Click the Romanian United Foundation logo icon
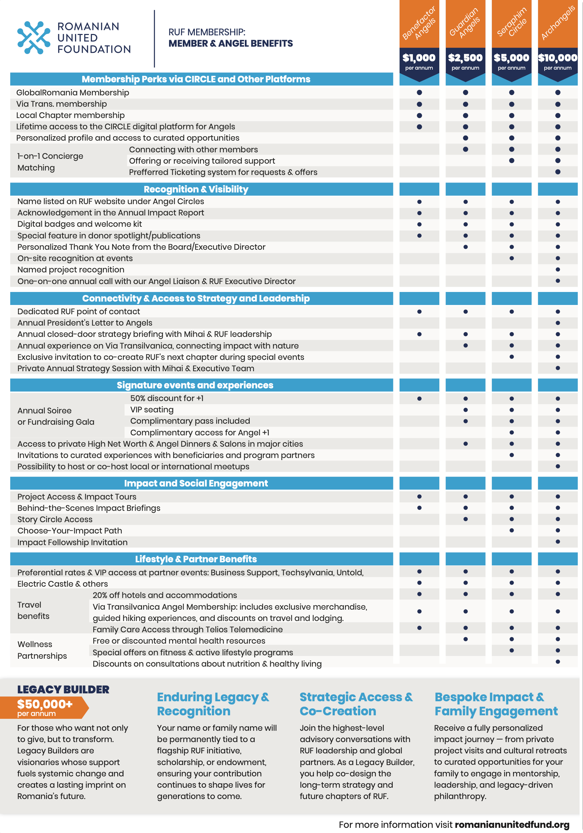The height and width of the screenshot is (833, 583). pyautogui.click(x=34, y=38)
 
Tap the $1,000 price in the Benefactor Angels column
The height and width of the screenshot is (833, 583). pyautogui.click(x=419, y=58)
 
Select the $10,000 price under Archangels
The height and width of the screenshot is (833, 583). pyautogui.click(x=557, y=58)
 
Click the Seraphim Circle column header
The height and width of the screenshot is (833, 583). pyautogui.click(x=511, y=23)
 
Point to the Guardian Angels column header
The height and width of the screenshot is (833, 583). pyautogui.click(x=465, y=23)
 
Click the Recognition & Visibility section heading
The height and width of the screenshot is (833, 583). pyautogui.click(x=196, y=189)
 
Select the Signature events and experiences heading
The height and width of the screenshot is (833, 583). pyautogui.click(x=195, y=385)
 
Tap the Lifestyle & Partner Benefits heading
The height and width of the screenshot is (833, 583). pyautogui.click(x=196, y=559)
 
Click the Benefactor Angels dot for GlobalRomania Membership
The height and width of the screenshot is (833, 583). pyautogui.click(x=419, y=93)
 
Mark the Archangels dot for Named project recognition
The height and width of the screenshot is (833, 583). pyautogui.click(x=558, y=270)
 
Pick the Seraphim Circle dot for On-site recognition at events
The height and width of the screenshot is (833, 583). pyautogui.click(x=511, y=258)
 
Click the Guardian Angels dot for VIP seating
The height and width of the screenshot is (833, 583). pyautogui.click(x=465, y=410)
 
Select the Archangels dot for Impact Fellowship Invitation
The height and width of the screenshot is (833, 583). pyautogui.click(x=558, y=542)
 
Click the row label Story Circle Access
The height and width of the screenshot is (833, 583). pyautogui.click(x=55, y=519)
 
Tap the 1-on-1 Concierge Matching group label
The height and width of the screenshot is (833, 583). pyautogui.click(x=50, y=162)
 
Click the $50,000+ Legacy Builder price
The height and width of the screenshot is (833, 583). pyautogui.click(x=45, y=704)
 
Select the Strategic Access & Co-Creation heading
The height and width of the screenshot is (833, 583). pyautogui.click(x=356, y=704)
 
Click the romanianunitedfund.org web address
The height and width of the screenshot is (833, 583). pyautogui.click(x=512, y=824)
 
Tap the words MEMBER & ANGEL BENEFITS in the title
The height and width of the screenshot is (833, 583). pyautogui.click(x=230, y=44)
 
